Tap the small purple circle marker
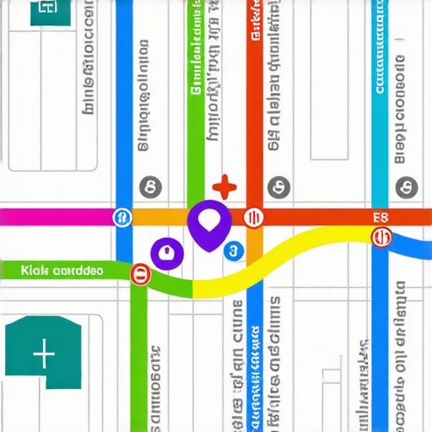165,251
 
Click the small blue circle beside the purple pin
232,250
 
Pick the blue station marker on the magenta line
123,218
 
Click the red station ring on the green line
140,273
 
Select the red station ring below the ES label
382,237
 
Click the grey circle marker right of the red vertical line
275,186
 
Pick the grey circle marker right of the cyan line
407,186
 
